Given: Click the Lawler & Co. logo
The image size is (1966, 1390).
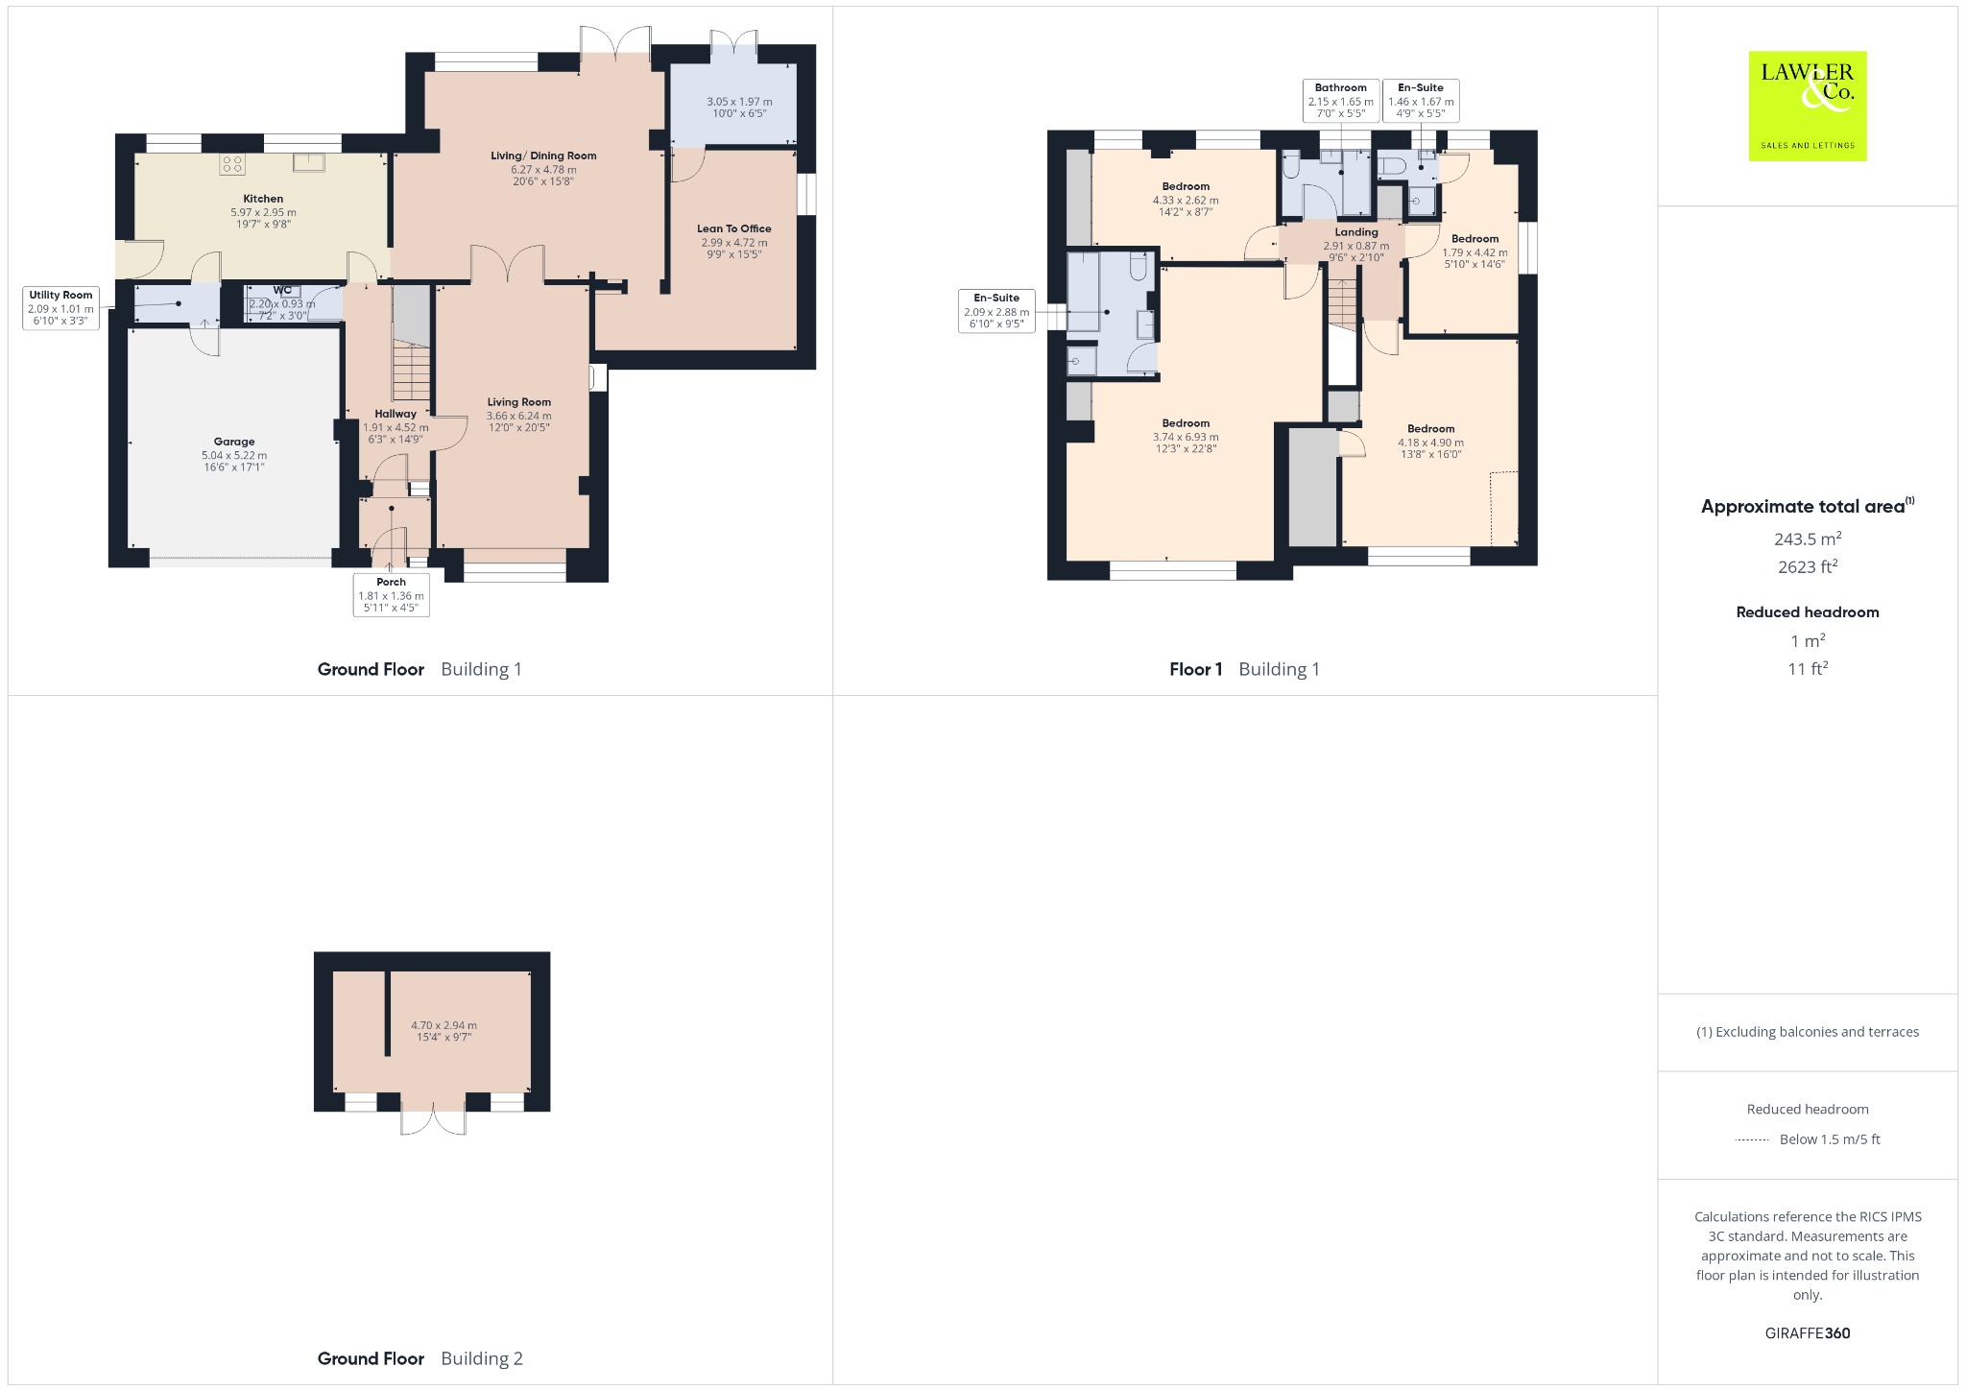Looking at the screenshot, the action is tap(1808, 106).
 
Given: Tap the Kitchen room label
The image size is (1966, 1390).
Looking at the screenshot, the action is tap(263, 199).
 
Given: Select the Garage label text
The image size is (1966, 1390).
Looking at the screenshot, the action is tap(234, 442).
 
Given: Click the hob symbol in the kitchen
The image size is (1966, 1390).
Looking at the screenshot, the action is tap(232, 164).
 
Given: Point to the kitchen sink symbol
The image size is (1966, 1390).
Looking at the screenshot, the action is tap(308, 162).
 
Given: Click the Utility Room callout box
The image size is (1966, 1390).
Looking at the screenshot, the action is tap(61, 308).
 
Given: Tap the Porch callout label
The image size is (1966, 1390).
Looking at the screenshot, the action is tap(391, 595).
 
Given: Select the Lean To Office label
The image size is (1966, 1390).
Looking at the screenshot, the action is tap(734, 228).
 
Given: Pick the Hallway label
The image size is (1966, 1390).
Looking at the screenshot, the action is tap(396, 414).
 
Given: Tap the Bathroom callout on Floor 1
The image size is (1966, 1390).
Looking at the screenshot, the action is tap(1340, 101).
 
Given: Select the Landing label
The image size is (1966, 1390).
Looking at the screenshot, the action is tap(1356, 232).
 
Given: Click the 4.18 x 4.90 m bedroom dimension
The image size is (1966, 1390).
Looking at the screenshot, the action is tap(1430, 443).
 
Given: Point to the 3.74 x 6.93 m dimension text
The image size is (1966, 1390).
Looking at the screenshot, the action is tap(1186, 437).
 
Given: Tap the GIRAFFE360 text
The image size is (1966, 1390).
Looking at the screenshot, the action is tap(1808, 1333).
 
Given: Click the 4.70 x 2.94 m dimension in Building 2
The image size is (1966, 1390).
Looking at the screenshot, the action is tap(444, 1025).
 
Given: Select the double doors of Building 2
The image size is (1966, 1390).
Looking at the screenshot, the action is tap(433, 1119).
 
